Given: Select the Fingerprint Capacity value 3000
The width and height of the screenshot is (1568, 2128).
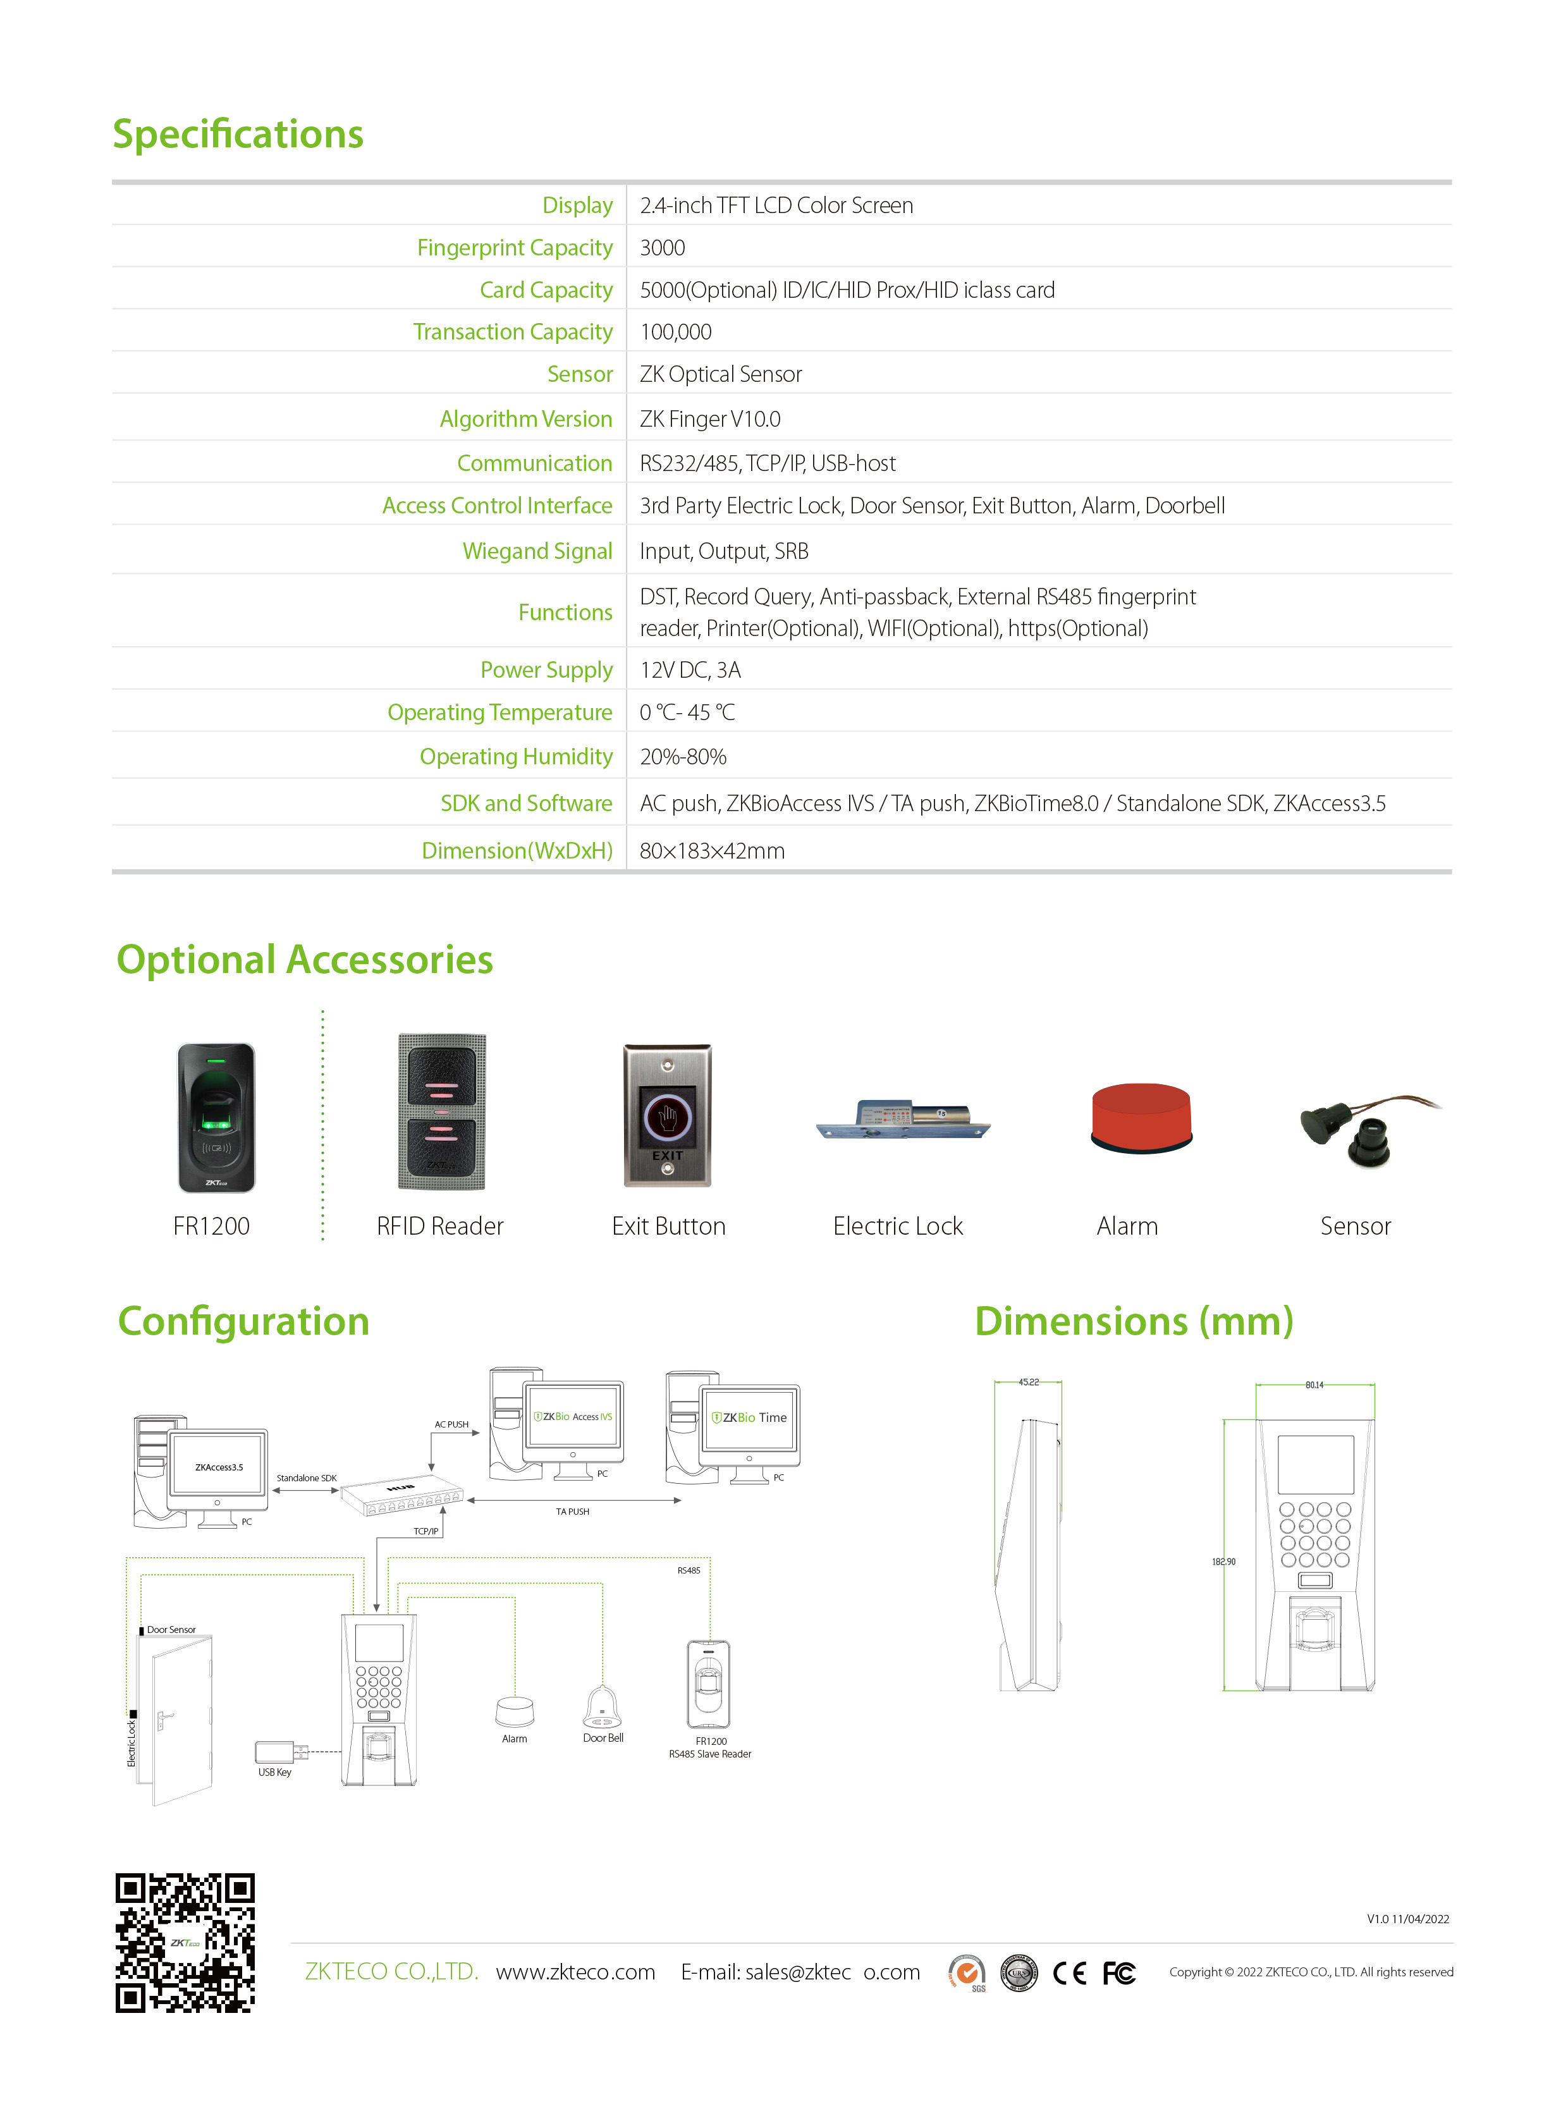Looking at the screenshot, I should [x=661, y=248].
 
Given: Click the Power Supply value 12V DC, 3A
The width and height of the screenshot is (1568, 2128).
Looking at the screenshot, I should [x=690, y=670].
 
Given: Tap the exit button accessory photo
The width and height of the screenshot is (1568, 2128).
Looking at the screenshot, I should [x=667, y=1115].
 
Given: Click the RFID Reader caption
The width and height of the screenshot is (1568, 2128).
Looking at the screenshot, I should [x=439, y=1226].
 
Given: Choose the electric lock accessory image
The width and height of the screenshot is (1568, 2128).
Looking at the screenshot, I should [x=903, y=1121].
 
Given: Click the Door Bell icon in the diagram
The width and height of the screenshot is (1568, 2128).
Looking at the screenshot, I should [x=602, y=1708].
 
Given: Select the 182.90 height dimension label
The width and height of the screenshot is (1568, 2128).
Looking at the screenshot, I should [x=1223, y=1562].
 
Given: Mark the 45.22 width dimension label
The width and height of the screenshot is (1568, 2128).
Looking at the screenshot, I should [x=1028, y=1382].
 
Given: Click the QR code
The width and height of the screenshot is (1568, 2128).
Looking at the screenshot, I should [x=185, y=1942].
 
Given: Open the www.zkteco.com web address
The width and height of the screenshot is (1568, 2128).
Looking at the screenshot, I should [x=575, y=1972].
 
